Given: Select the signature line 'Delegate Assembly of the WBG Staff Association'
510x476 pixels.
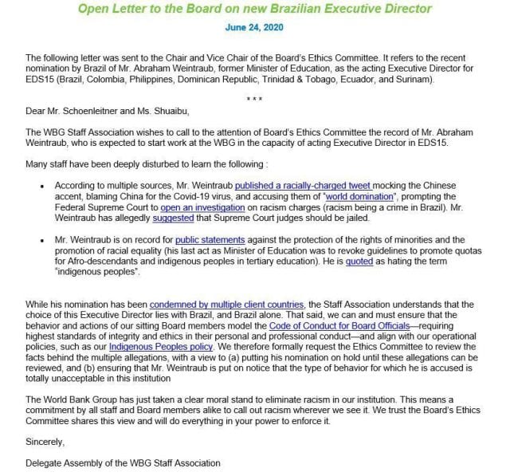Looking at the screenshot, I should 123,462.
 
